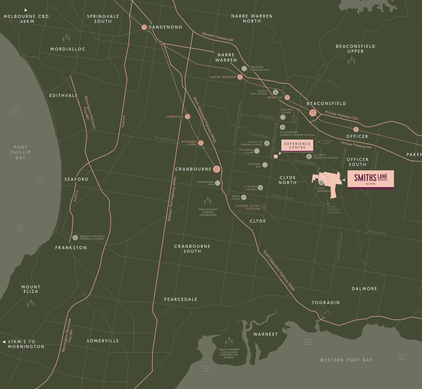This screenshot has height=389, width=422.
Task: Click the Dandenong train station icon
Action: (x=144, y=27)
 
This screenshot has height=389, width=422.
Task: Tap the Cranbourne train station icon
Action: (x=217, y=169)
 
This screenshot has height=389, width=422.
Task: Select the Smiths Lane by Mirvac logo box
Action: (x=371, y=179)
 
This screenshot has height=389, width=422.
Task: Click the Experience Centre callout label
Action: (x=297, y=146)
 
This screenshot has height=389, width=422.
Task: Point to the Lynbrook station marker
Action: (x=188, y=116)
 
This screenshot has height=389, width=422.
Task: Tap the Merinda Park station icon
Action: (x=201, y=143)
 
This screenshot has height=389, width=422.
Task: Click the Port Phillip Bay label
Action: (x=21, y=152)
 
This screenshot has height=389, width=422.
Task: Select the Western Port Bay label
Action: (x=346, y=360)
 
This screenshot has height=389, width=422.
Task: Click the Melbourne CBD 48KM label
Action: (x=26, y=19)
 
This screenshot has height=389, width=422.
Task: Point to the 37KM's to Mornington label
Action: (x=25, y=344)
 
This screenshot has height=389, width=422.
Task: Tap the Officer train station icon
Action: (x=356, y=129)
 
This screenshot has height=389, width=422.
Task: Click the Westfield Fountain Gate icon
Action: (x=244, y=68)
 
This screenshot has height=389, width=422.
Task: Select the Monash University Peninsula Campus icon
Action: (x=75, y=237)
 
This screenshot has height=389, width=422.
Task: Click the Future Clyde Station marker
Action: (x=263, y=207)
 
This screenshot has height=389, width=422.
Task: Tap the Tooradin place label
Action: (x=326, y=302)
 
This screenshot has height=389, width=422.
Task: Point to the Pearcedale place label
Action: (x=181, y=299)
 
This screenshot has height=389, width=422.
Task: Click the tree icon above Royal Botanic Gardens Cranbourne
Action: (x=207, y=201)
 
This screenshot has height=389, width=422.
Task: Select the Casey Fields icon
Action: (x=244, y=197)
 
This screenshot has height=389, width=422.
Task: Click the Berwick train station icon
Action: (x=287, y=97)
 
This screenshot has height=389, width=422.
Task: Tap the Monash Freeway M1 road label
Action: (x=218, y=37)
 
